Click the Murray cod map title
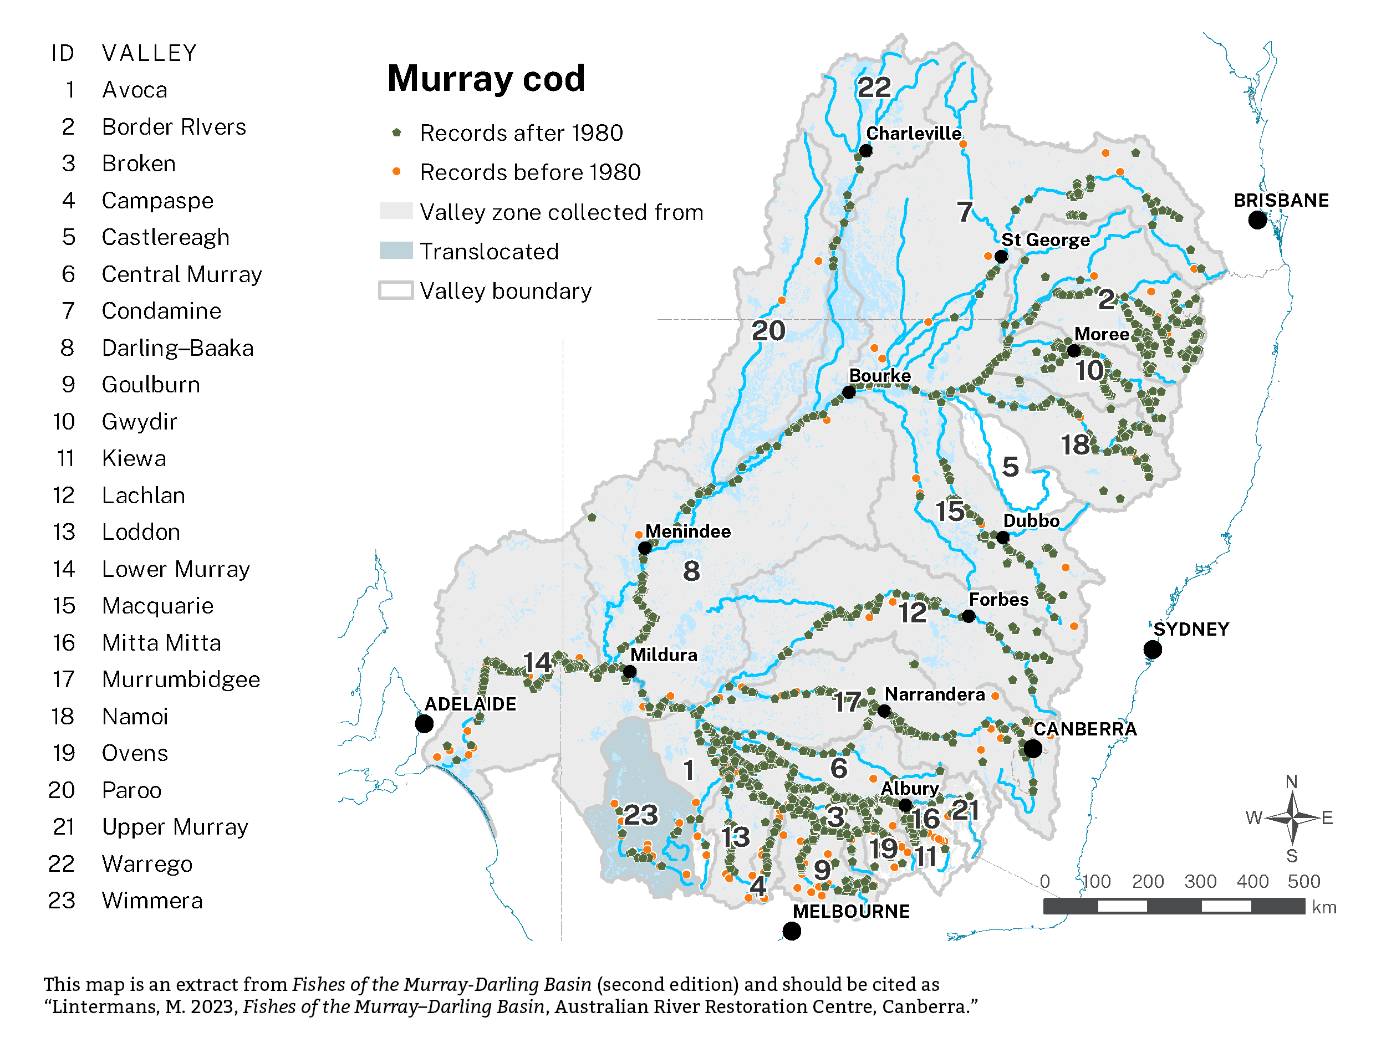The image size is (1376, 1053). (x=486, y=79)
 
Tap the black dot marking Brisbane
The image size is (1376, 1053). (x=1257, y=220)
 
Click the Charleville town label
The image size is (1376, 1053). (x=914, y=134)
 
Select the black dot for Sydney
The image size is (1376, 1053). (x=1152, y=650)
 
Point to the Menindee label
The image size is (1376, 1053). (x=687, y=531)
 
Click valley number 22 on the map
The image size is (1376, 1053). (x=874, y=87)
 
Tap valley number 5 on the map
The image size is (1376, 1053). (x=1010, y=467)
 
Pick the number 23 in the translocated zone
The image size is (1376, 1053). (x=641, y=815)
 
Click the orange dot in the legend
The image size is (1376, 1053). (x=396, y=172)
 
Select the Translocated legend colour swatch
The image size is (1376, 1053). (x=396, y=251)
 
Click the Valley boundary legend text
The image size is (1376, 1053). (x=505, y=291)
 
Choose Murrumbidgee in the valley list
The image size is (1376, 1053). (x=181, y=679)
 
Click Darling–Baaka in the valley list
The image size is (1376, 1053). (x=177, y=348)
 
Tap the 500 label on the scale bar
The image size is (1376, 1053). (x=1303, y=882)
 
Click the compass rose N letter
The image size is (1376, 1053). (x=1291, y=781)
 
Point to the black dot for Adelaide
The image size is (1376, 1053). (x=425, y=724)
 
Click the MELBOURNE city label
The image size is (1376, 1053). (x=850, y=911)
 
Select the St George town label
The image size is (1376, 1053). (x=1045, y=240)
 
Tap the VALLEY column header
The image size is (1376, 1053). (x=150, y=53)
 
